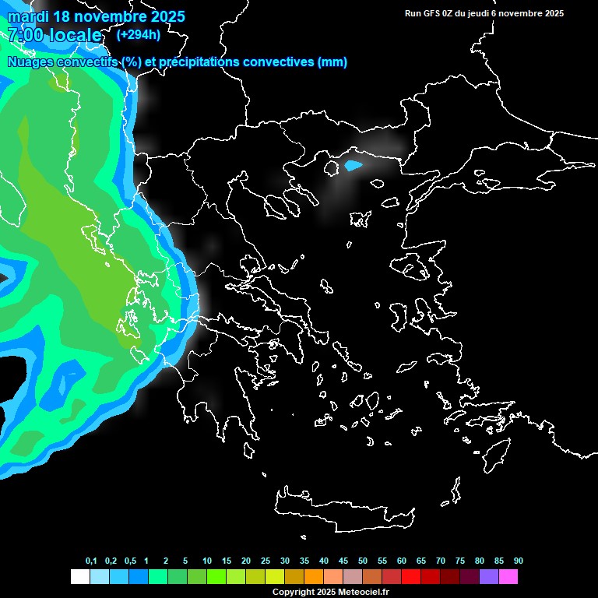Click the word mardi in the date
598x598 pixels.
pyautogui.click(x=29, y=16)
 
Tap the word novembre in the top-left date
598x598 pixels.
pyautogui.click(x=113, y=16)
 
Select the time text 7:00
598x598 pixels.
pyautogui.click(x=25, y=35)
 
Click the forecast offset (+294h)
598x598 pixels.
pyautogui.click(x=139, y=34)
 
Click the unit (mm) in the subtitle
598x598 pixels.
pyautogui.click(x=332, y=62)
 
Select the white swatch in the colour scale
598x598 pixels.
pyautogui.click(x=79, y=576)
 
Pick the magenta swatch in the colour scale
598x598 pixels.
pyautogui.click(x=508, y=576)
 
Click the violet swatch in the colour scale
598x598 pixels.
pyautogui.click(x=489, y=576)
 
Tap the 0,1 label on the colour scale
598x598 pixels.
pyautogui.click(x=91, y=561)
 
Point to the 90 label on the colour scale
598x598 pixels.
pyautogui.click(x=519, y=561)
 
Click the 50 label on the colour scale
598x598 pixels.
pyautogui.click(x=363, y=561)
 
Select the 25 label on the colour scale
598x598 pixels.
pyautogui.click(x=266, y=561)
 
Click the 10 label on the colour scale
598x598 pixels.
pyautogui.click(x=207, y=561)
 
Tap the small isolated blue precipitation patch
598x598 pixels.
pyautogui.click(x=353, y=165)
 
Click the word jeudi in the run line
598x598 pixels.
pyautogui.click(x=487, y=13)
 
